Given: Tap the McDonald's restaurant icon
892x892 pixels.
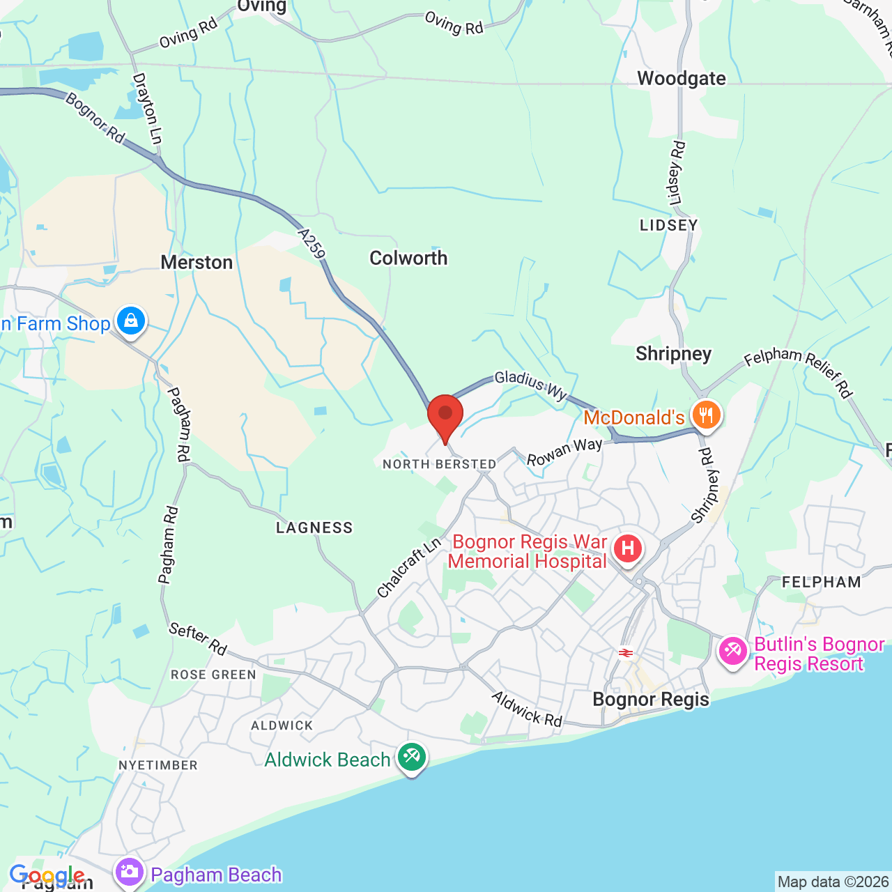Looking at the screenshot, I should (x=706, y=415).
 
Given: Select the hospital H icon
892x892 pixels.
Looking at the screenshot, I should (x=628, y=549).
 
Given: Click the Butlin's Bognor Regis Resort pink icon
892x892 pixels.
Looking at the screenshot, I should (x=733, y=652).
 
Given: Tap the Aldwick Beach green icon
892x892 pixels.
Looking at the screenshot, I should (x=412, y=757).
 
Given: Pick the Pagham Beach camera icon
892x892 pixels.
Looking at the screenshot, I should (x=129, y=872).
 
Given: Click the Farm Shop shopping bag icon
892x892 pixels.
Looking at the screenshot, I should (x=130, y=321).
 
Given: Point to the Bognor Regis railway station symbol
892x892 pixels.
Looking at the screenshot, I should (x=625, y=653).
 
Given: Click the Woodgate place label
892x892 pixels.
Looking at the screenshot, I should (x=682, y=79).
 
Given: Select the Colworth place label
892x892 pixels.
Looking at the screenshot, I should (x=408, y=259).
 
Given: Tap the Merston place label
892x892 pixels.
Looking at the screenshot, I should (x=197, y=263).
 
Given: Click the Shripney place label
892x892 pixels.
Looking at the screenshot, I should (x=673, y=354).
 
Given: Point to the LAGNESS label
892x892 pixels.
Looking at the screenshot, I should (x=314, y=528).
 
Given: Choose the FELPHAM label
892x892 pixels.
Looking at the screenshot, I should (x=822, y=583).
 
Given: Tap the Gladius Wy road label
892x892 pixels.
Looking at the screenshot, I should (x=531, y=385).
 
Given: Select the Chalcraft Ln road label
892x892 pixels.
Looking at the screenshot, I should (x=410, y=567).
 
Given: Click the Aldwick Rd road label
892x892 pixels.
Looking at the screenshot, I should (x=527, y=709).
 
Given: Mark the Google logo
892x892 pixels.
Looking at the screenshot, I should (x=47, y=875).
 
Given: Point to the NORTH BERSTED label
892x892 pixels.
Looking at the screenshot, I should (x=440, y=464).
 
